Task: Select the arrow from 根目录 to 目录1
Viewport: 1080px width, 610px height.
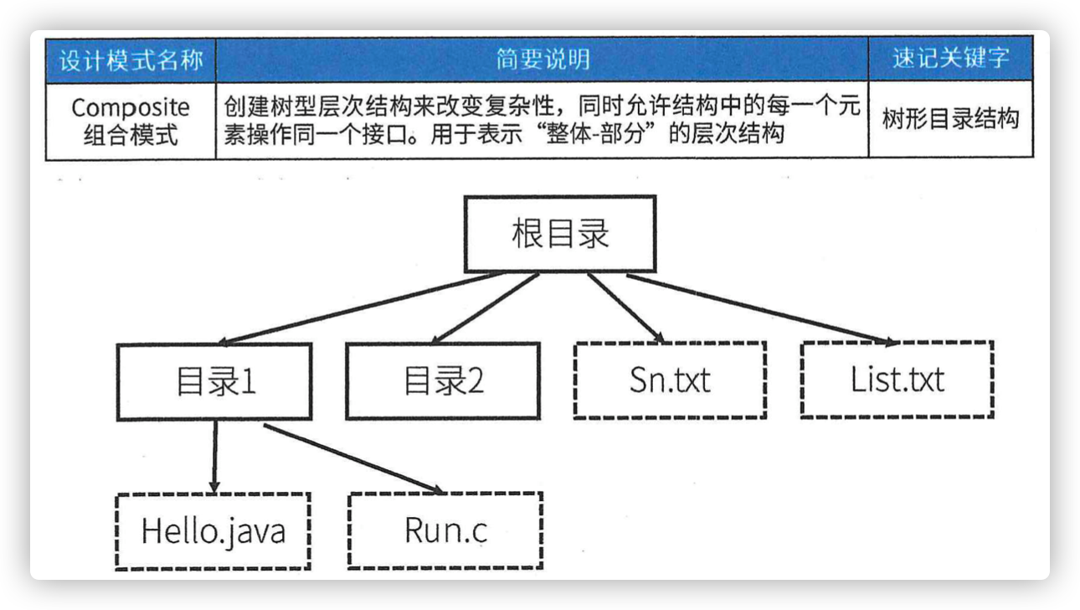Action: (361, 308)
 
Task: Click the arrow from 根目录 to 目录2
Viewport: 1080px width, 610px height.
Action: (485, 308)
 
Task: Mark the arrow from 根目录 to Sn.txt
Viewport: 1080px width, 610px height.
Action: (626, 308)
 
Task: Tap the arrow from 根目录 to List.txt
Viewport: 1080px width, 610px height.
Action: (761, 309)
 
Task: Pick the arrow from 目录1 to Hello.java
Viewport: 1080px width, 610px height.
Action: (215, 457)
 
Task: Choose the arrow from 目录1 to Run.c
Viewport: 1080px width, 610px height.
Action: (353, 459)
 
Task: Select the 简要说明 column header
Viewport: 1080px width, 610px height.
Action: (543, 59)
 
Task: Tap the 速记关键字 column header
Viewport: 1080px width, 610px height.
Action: (950, 59)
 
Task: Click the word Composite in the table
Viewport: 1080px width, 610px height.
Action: (130, 108)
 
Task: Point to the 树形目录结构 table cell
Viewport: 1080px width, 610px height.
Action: (951, 119)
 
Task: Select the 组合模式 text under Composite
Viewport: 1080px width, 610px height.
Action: (131, 135)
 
